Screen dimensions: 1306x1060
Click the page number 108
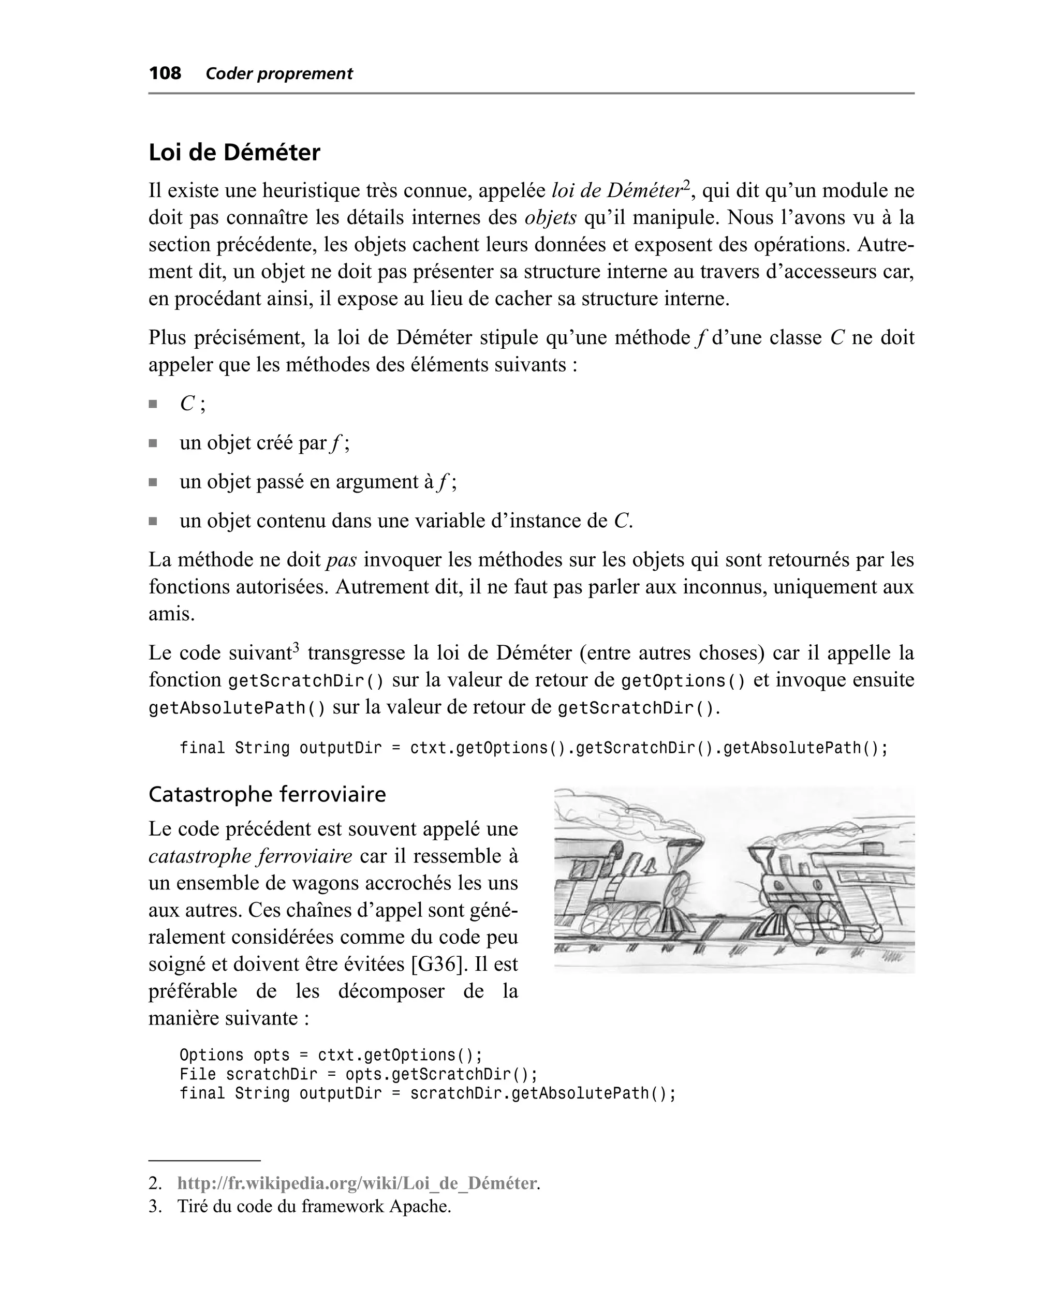pos(165,73)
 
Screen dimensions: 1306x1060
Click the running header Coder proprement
pos(279,74)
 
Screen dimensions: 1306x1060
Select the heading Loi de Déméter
pos(234,153)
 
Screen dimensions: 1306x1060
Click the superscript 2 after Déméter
pos(686,184)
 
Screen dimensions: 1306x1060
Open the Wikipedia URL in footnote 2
pos(357,1183)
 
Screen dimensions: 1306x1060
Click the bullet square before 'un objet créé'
pos(153,443)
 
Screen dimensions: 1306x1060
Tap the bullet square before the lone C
pos(153,404)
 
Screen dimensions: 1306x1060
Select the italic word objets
pos(550,218)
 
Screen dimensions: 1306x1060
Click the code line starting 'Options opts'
pos(330,1055)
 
